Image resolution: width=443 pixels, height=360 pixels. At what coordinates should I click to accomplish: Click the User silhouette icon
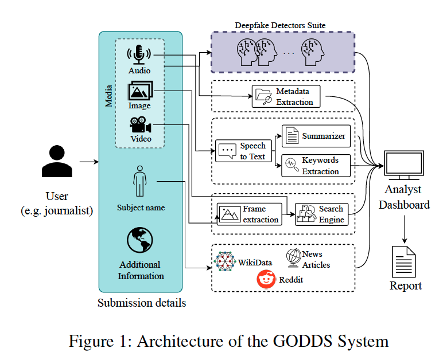[x=57, y=162]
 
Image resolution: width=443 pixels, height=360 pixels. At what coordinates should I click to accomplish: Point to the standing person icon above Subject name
[x=139, y=182]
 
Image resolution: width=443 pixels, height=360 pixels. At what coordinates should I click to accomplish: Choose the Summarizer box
[x=316, y=136]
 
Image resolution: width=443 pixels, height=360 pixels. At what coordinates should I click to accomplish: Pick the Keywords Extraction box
[x=316, y=165]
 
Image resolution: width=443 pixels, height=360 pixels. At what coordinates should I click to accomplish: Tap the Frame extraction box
[x=250, y=214]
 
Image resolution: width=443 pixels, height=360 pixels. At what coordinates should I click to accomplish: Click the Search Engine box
[x=321, y=214]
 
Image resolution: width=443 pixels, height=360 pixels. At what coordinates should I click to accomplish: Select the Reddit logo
[x=266, y=280]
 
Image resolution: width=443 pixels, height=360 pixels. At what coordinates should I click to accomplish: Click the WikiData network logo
[x=224, y=261]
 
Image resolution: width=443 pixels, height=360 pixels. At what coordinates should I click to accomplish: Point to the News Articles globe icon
[x=294, y=257]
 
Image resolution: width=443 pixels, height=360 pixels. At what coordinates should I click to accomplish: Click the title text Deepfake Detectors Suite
[x=280, y=25]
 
